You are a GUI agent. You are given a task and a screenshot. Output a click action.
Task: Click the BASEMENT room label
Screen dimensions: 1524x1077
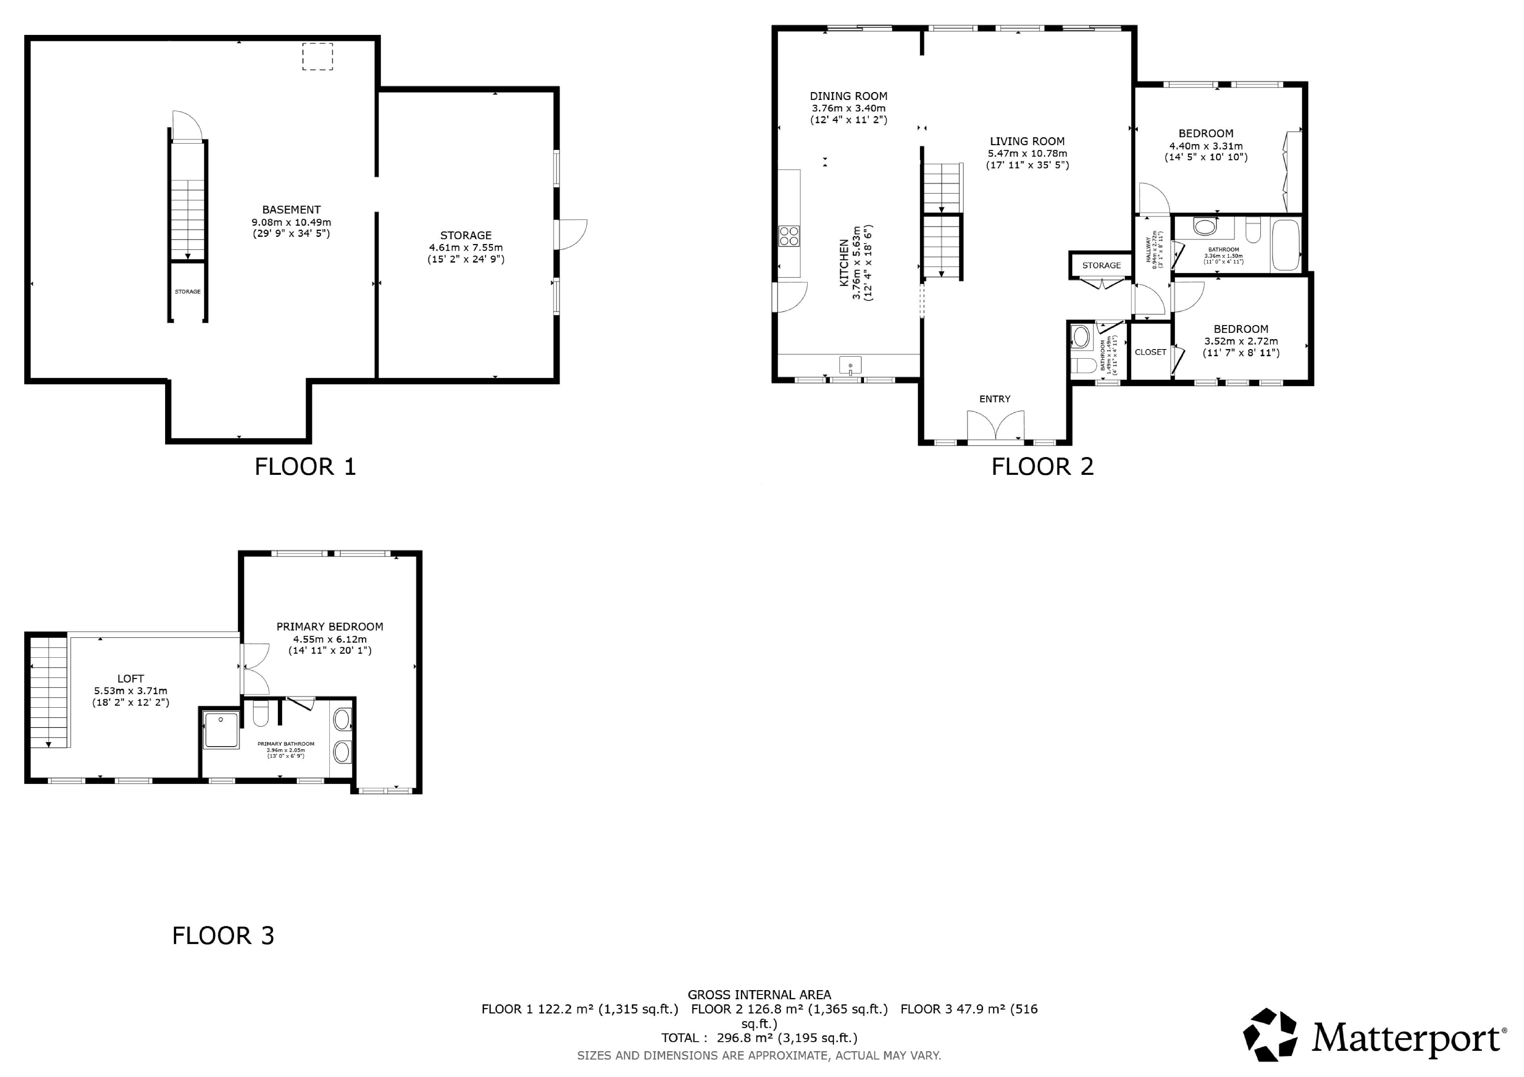(x=291, y=210)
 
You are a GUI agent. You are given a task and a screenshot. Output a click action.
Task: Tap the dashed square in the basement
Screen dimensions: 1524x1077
(x=317, y=56)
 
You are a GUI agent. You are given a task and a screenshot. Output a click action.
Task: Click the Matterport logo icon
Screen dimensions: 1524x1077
(x=1270, y=1035)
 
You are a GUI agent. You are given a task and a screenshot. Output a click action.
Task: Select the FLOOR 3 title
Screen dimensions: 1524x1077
(x=223, y=936)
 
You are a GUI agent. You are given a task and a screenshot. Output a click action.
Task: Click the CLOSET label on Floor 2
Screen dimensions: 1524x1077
(x=1150, y=352)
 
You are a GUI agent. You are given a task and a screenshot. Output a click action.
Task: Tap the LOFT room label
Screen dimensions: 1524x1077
(x=131, y=679)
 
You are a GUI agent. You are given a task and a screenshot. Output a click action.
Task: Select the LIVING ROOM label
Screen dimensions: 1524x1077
(x=1028, y=141)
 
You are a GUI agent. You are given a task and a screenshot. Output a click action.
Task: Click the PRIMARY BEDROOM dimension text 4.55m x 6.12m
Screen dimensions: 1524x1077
(x=330, y=639)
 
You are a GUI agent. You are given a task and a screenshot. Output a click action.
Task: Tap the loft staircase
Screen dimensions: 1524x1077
(x=49, y=691)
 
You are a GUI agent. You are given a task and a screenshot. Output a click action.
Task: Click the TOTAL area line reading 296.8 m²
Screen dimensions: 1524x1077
(x=759, y=1038)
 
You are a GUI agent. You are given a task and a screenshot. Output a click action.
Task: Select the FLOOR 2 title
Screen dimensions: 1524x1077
(x=1043, y=467)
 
